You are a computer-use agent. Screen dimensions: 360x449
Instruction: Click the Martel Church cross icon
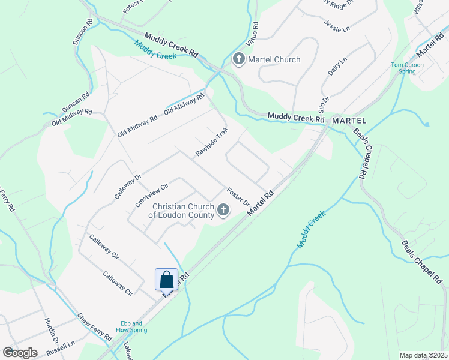[x=238, y=59]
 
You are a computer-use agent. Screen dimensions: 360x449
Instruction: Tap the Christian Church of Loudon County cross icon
[x=223, y=209]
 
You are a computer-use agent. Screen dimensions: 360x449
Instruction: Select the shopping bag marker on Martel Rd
[x=167, y=280]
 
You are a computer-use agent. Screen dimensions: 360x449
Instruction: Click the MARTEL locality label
[x=349, y=121]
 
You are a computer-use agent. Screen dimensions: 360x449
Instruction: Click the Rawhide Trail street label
[x=212, y=142]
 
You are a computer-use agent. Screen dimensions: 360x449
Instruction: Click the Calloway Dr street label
[x=128, y=187]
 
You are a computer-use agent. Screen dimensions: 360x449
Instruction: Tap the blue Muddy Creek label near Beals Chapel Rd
[x=310, y=230]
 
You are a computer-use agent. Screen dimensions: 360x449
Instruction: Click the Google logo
[x=20, y=353]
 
